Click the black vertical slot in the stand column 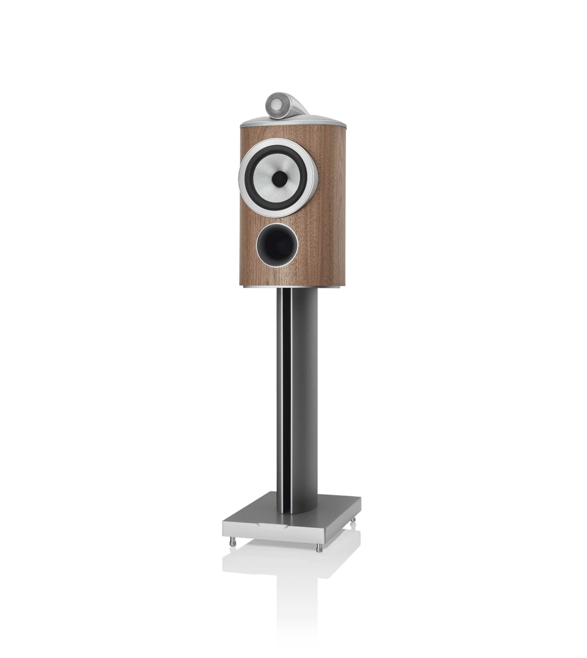coord(284,387)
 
